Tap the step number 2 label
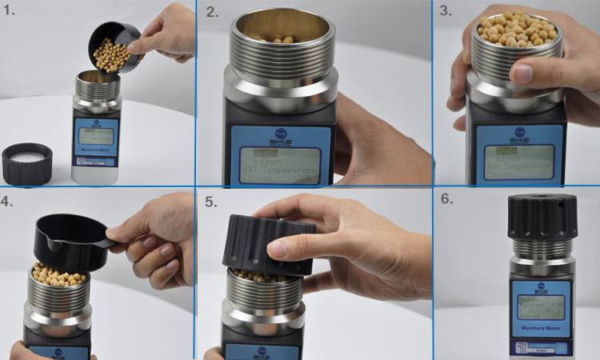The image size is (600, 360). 212,12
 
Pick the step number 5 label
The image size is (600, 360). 210,202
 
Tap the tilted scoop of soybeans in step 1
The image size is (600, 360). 112,50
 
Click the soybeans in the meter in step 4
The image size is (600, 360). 61,277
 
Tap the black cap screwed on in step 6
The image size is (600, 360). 542,217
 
